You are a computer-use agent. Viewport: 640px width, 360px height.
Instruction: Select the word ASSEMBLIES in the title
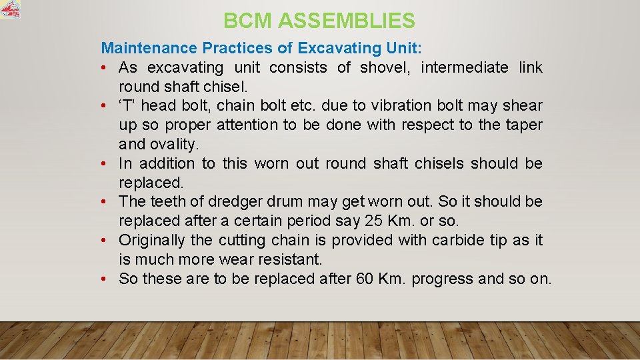347,21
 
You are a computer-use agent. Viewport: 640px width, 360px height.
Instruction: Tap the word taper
525,125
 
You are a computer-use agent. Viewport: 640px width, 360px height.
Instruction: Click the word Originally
152,240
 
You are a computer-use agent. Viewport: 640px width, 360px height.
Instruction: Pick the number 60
365,278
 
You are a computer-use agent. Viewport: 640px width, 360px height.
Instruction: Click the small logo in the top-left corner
10,9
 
